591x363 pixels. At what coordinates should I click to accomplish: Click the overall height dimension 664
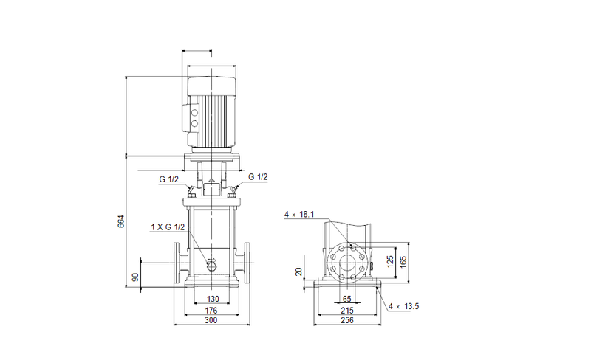[x=121, y=221]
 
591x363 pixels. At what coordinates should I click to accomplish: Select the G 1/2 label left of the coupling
[x=168, y=177]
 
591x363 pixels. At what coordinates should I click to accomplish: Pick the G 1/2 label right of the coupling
[x=259, y=177]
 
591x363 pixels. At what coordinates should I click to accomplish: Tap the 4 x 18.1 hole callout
[x=299, y=215]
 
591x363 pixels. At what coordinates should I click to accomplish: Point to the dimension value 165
[x=404, y=261]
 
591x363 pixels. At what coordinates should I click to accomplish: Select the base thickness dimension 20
[x=299, y=272]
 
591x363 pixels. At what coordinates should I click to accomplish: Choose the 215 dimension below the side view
[x=347, y=311]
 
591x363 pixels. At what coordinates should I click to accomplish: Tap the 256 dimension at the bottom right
[x=347, y=323]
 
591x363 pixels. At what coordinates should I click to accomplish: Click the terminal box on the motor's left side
[x=195, y=117]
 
